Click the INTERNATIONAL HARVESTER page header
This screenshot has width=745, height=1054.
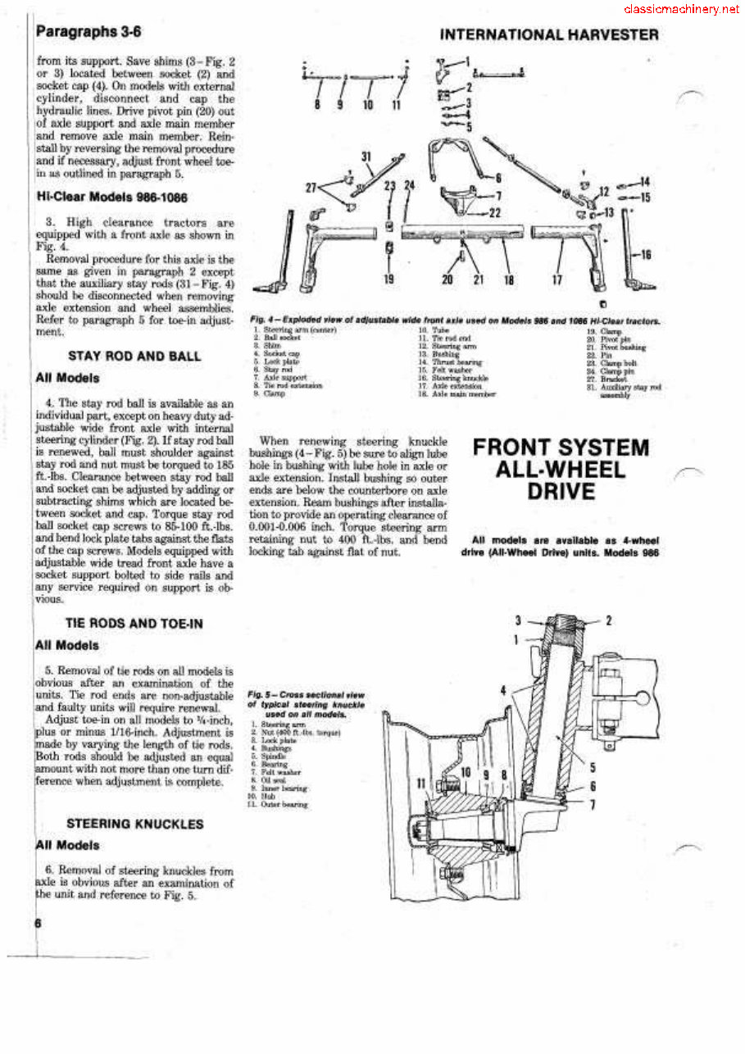click(549, 34)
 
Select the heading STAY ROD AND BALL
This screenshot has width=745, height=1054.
click(134, 357)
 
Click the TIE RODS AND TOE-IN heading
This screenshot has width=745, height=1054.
click(134, 624)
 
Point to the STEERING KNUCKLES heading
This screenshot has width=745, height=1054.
click(134, 824)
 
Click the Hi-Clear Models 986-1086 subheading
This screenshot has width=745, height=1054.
click(105, 197)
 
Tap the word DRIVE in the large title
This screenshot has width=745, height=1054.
click(561, 492)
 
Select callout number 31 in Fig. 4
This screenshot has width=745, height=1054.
click(366, 157)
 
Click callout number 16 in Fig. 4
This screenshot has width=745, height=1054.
click(645, 255)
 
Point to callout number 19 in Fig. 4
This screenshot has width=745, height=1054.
click(389, 279)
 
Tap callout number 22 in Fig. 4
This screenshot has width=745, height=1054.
click(495, 212)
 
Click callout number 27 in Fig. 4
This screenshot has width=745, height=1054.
click(311, 187)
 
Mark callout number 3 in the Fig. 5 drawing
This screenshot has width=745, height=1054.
click(518, 620)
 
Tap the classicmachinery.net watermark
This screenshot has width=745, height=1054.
click(681, 10)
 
